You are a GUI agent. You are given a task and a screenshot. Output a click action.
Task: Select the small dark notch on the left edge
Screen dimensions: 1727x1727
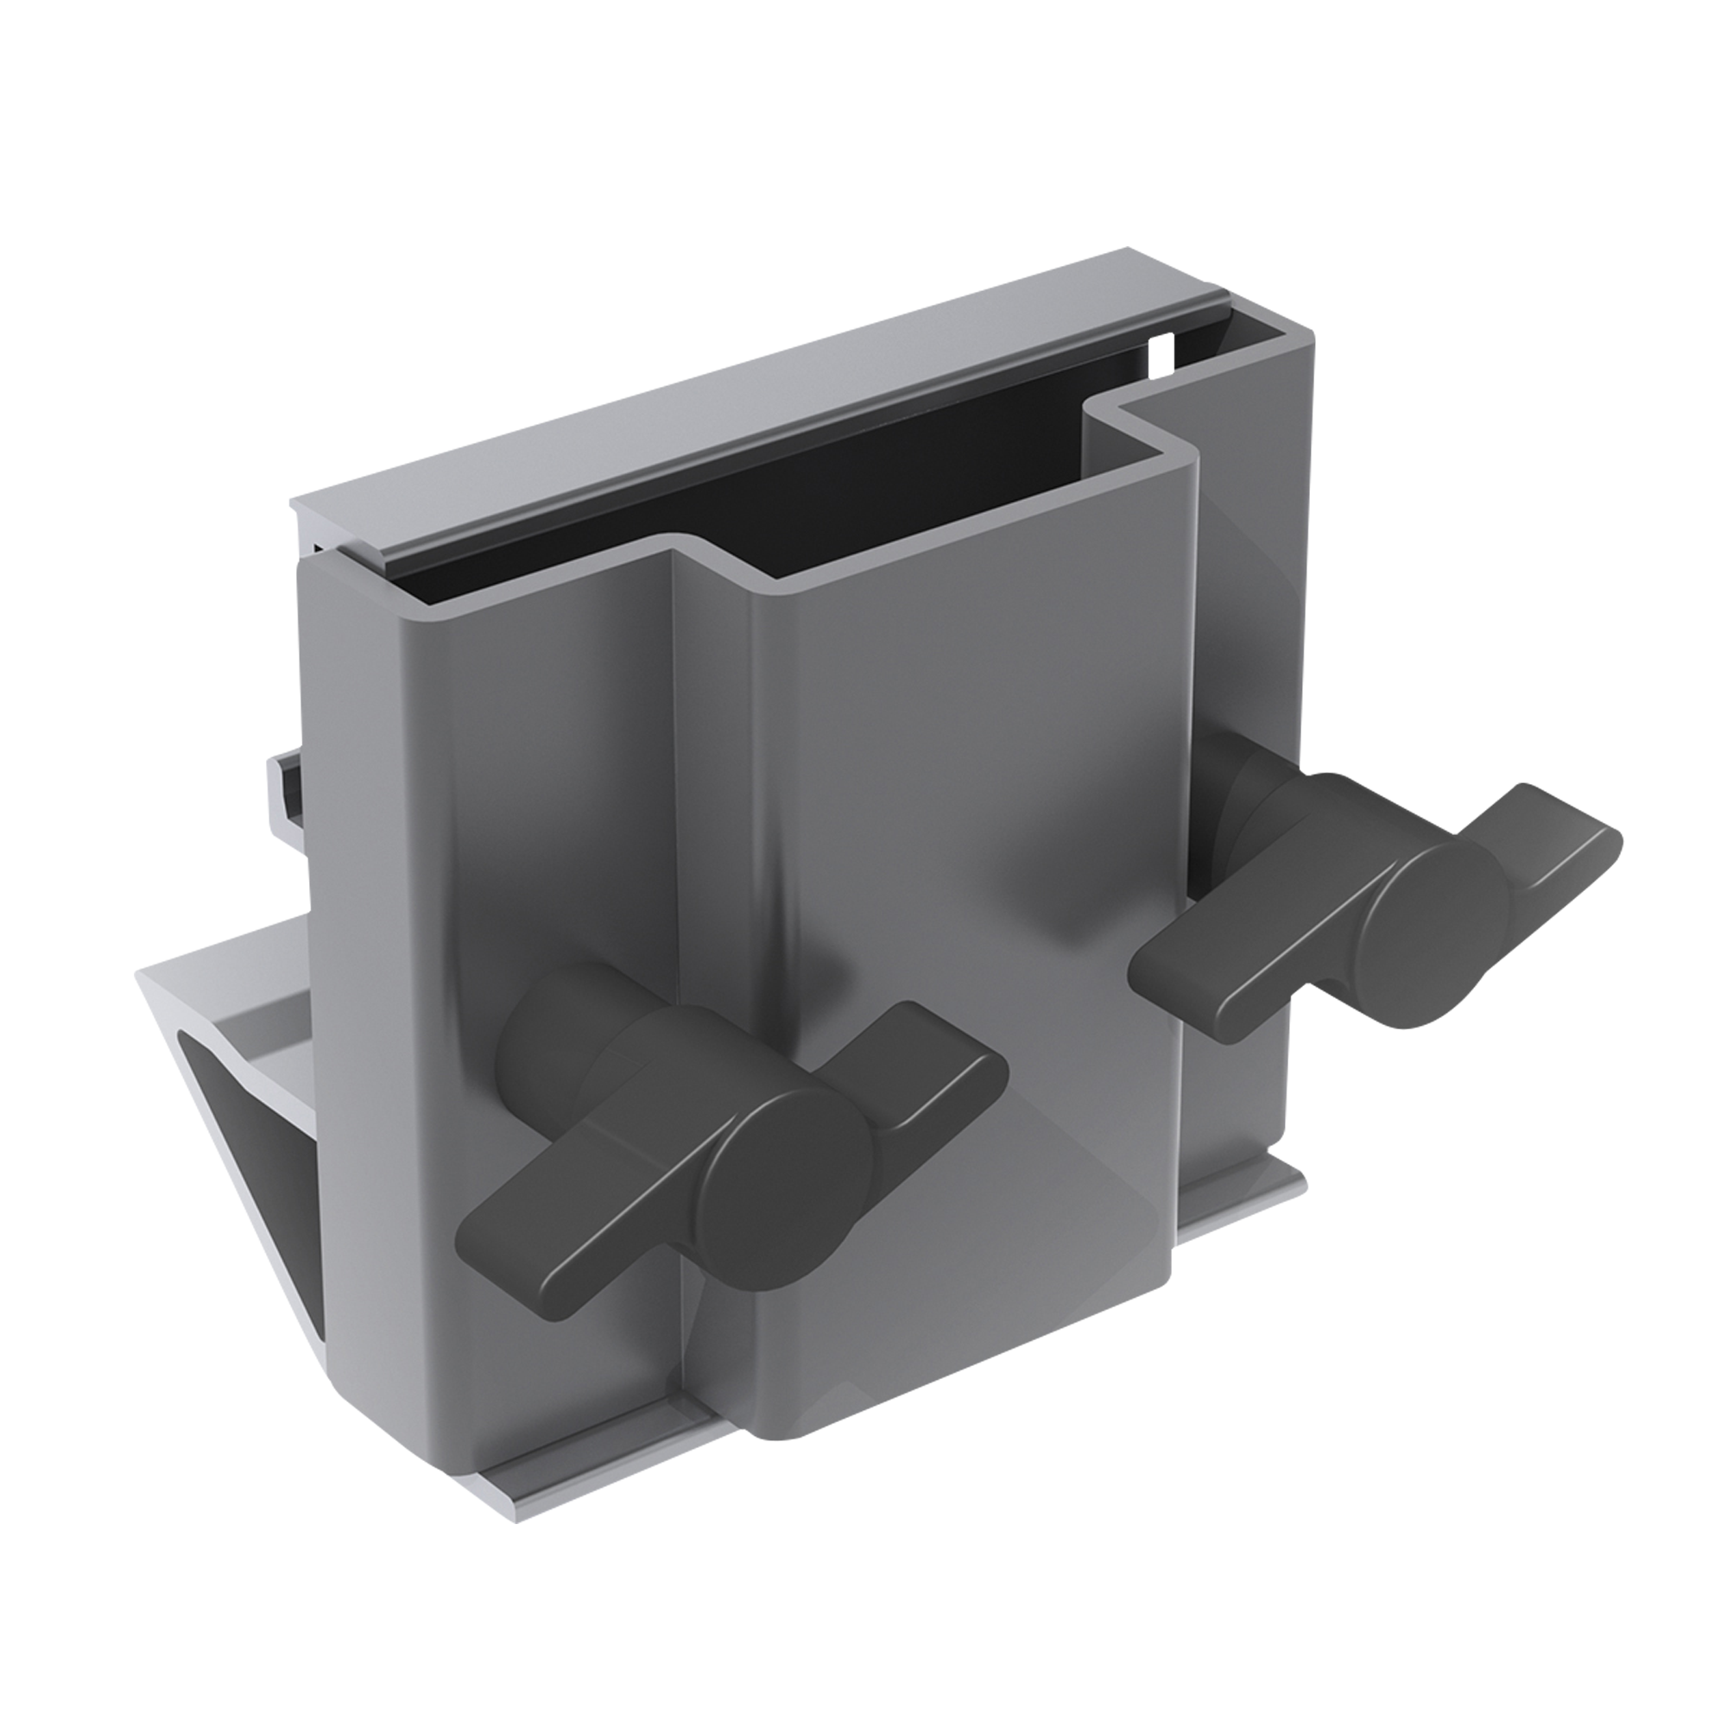point(290,787)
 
